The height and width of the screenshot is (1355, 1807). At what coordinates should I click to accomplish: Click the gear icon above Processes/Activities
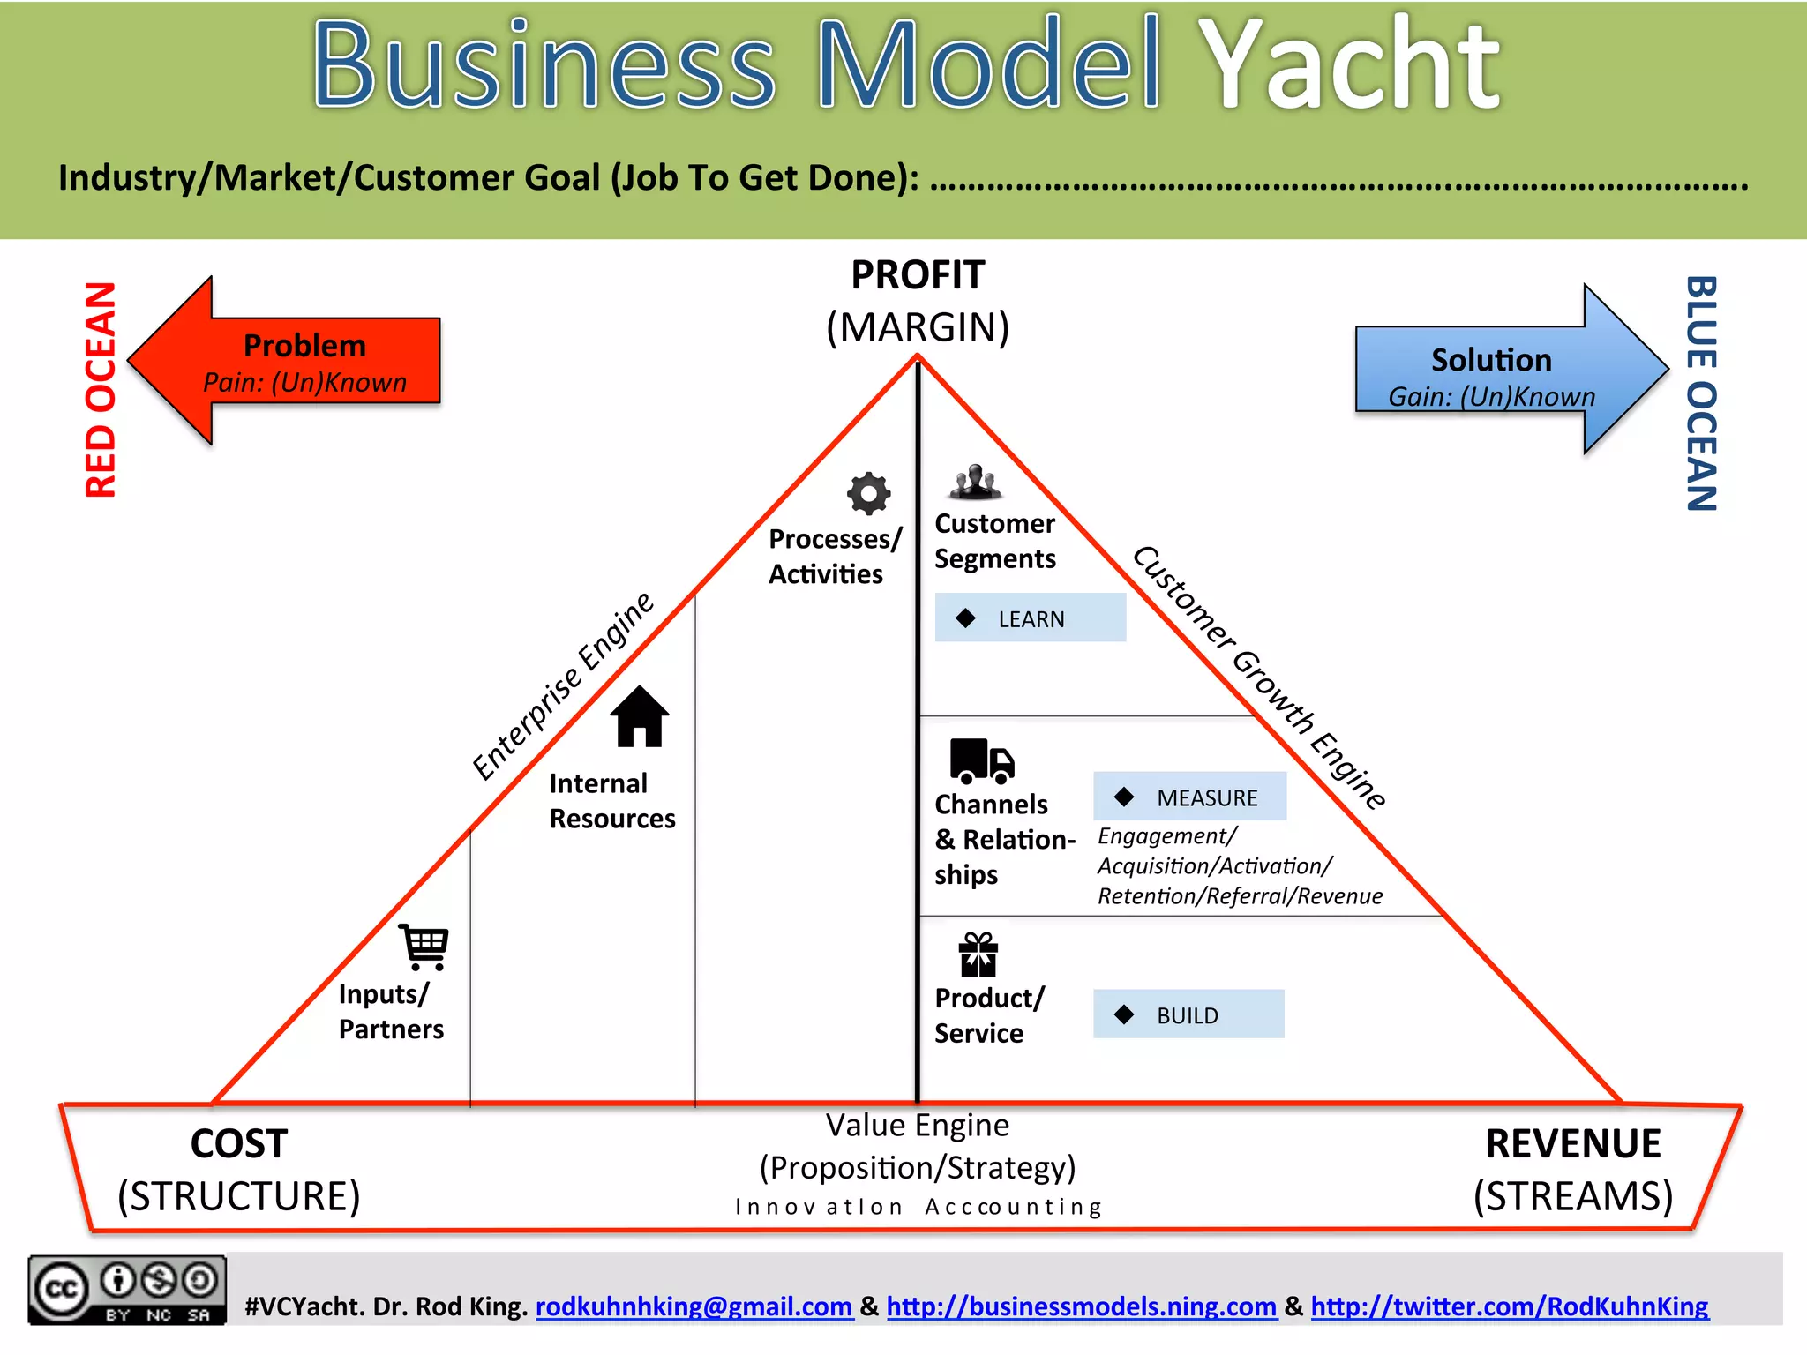868,493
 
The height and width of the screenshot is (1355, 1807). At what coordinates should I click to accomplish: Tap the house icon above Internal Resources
640,716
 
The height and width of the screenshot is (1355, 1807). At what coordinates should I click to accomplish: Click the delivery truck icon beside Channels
981,761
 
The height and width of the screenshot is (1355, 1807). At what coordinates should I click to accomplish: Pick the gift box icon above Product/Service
978,954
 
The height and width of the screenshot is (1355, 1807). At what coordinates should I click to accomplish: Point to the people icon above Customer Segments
975,482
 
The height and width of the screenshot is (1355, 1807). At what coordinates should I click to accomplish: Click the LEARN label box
1030,618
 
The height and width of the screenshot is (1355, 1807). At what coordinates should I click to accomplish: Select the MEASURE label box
1189,797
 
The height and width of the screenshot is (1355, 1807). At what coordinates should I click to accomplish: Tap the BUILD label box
1188,1014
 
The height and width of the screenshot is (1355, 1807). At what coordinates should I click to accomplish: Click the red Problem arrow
291,361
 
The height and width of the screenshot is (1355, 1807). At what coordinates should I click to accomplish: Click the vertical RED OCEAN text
101,389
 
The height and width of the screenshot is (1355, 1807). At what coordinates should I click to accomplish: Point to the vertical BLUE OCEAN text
1701,393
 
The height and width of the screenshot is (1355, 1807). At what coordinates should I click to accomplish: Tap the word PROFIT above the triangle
917,275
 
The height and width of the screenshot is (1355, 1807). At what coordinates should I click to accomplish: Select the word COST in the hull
238,1143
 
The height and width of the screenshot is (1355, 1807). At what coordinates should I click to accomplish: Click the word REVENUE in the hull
1572,1143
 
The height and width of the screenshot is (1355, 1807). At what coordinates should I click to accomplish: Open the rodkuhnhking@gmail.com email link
694,1306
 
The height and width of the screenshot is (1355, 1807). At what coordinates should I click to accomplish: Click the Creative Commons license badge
126,1290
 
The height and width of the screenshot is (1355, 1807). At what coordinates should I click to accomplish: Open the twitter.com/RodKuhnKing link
1509,1306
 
